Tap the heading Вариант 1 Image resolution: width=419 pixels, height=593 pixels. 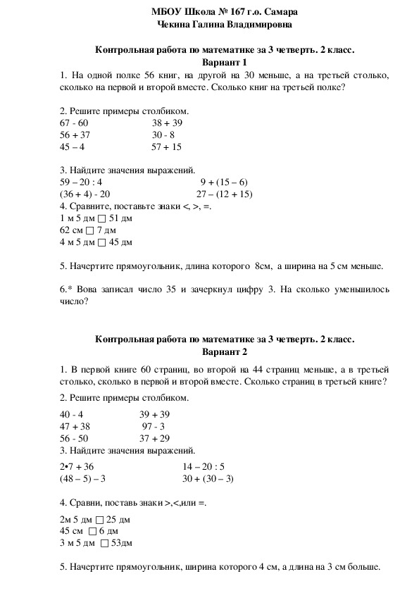[225, 62]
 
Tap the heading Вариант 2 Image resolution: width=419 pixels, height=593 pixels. [225, 351]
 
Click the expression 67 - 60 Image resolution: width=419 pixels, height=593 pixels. [75, 123]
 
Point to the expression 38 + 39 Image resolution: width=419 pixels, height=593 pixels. [167, 123]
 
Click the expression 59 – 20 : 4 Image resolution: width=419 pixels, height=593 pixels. [82, 182]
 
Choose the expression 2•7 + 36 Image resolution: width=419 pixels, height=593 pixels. [77, 466]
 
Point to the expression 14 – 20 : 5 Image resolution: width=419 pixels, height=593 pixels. [204, 466]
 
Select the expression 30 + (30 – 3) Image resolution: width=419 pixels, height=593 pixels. [208, 478]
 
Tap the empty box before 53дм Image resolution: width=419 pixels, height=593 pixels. [104, 543]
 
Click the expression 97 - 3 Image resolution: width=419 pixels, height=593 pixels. [154, 426]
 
